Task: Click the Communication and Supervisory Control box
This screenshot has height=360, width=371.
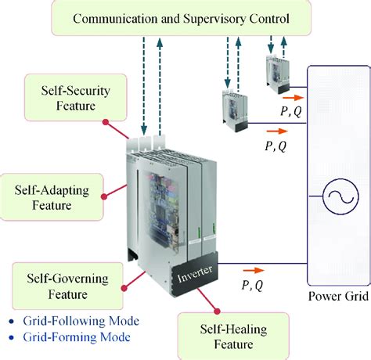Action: [x=182, y=17]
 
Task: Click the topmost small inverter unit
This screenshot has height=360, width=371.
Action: [x=277, y=77]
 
